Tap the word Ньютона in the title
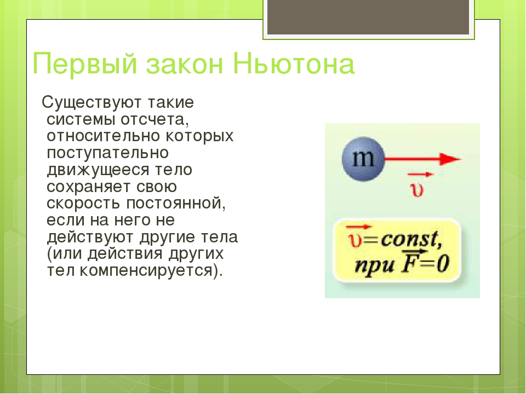(x=294, y=63)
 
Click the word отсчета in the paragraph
(x=155, y=120)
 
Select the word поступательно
(x=108, y=153)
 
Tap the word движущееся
(x=98, y=170)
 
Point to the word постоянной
(x=176, y=204)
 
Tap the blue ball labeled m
(x=363, y=159)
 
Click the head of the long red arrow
(x=450, y=159)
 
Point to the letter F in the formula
(x=410, y=264)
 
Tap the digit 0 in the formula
(x=443, y=264)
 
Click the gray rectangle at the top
(x=368, y=17)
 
